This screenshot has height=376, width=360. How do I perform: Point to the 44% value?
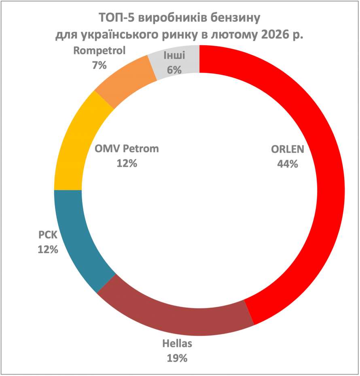click(x=287, y=164)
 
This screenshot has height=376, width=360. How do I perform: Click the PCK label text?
click(x=48, y=235)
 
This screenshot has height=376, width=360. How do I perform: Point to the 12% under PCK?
click(x=48, y=249)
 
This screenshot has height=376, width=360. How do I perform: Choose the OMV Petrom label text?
click(x=127, y=149)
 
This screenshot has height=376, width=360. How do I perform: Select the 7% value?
click(x=100, y=64)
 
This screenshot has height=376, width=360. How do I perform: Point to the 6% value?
click(x=174, y=69)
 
